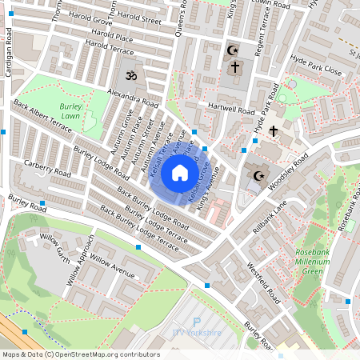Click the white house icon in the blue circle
click(x=180, y=173)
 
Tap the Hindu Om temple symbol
click(x=130, y=75)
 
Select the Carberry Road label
click(x=48, y=169)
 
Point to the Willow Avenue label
click(x=113, y=263)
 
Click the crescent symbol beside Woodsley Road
click(x=258, y=175)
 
